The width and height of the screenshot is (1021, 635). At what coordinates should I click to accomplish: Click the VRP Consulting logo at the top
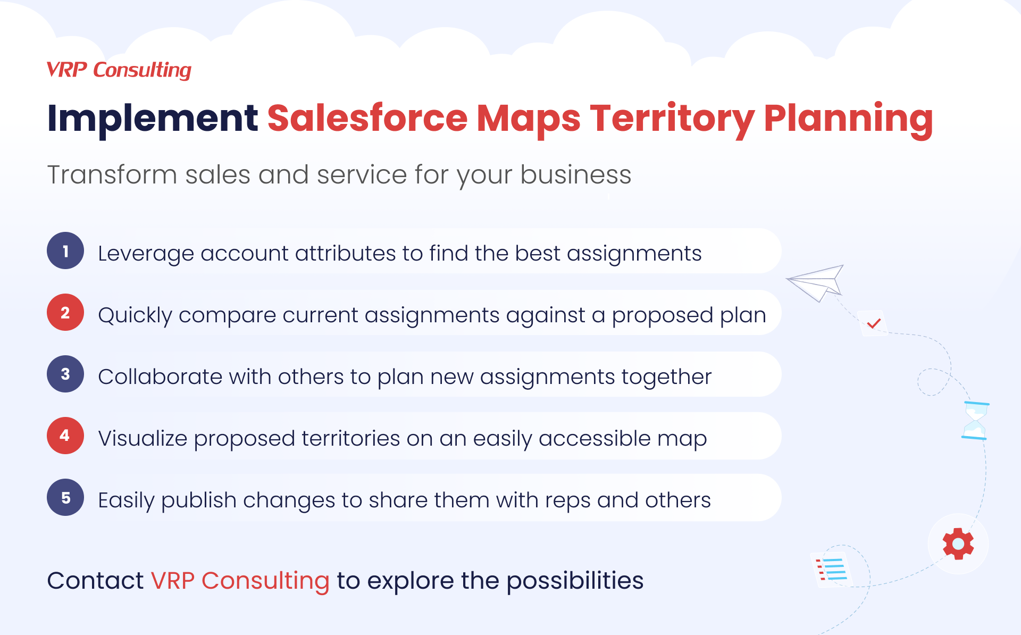click(x=119, y=70)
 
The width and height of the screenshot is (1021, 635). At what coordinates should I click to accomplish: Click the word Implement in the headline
click(x=153, y=119)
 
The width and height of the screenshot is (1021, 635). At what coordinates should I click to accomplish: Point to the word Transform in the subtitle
click(x=112, y=174)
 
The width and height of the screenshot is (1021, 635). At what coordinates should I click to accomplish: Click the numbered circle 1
click(x=65, y=250)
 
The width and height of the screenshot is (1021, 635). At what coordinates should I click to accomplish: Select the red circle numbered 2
click(x=65, y=312)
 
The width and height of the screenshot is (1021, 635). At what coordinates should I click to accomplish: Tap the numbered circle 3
click(x=65, y=374)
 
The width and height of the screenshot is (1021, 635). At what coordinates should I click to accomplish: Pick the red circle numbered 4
click(x=65, y=436)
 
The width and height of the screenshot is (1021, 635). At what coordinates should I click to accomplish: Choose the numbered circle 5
click(x=65, y=497)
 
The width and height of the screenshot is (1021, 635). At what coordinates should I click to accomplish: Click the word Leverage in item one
click(x=146, y=254)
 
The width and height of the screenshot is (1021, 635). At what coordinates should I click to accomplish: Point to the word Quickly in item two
click(x=135, y=316)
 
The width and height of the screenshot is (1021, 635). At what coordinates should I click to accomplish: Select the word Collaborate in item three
click(x=160, y=377)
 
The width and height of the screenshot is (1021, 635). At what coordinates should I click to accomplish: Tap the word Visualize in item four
click(x=143, y=438)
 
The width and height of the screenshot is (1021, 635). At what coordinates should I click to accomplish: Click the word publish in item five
click(x=199, y=501)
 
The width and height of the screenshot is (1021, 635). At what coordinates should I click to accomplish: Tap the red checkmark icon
click(x=874, y=323)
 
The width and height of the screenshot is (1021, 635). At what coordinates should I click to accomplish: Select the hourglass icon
click(x=975, y=421)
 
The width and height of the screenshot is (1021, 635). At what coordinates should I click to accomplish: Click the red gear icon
click(x=958, y=544)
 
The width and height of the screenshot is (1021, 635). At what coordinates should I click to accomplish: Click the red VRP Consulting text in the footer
click(x=240, y=581)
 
